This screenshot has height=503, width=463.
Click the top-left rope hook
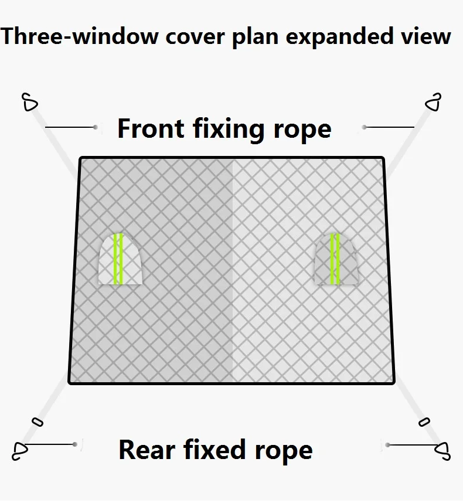pyautogui.click(x=30, y=103)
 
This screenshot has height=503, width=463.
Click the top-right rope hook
pyautogui.click(x=433, y=102)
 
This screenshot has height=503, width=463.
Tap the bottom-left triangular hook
pyautogui.click(x=21, y=448)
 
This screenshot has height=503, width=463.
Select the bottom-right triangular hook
pyautogui.click(x=441, y=449)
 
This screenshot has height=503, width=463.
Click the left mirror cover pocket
pyautogui.click(x=120, y=259)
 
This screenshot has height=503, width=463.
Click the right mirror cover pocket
pyautogui.click(x=335, y=259)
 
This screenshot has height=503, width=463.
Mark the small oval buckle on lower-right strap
pyautogui.click(x=424, y=421)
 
